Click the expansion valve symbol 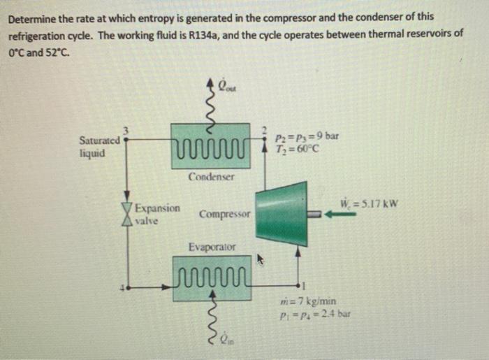pyautogui.click(x=127, y=213)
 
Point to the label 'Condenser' pyautogui.click(x=211, y=177)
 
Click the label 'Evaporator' pyautogui.click(x=212, y=247)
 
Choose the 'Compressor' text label pyautogui.click(x=224, y=213)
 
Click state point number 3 pyautogui.click(x=126, y=129)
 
